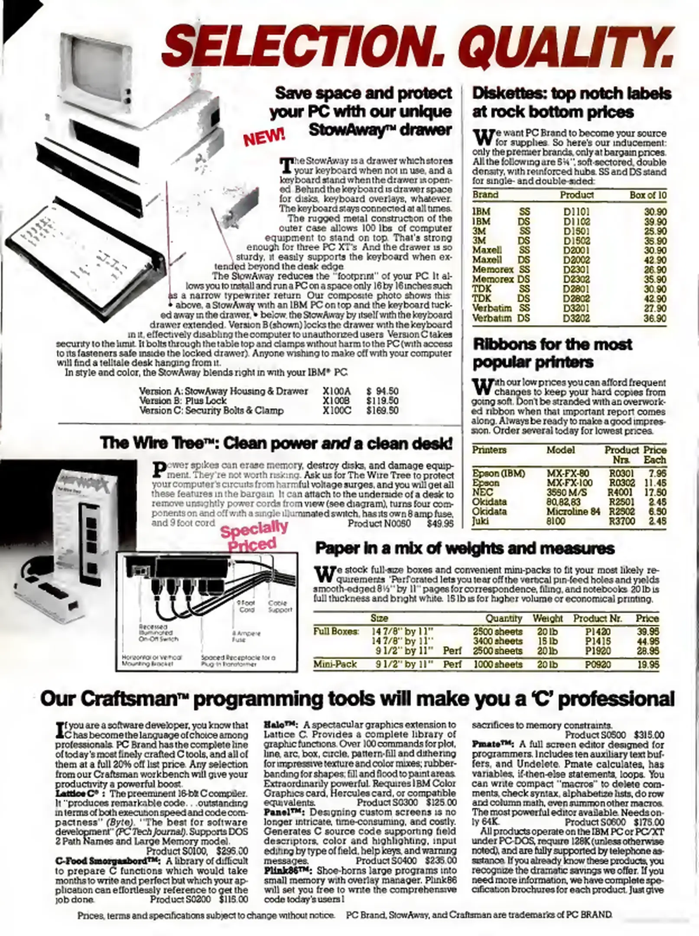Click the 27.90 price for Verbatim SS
coord(655,308)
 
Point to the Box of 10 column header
coord(647,195)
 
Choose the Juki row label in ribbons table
coord(480,521)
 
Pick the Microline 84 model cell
coord(573,511)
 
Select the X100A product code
coord(337,391)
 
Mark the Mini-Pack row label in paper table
coord(335,664)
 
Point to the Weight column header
coord(547,618)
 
